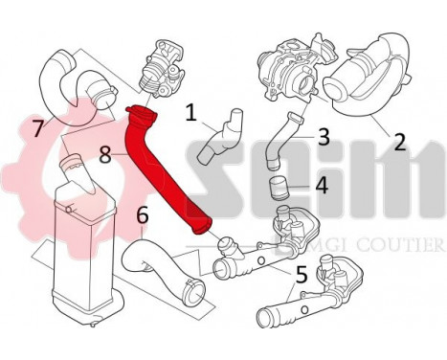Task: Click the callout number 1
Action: coord(191,115)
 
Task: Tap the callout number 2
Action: coord(399,142)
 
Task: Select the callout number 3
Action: coord(324,136)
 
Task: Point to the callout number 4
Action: coord(323,184)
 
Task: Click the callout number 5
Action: coord(302,275)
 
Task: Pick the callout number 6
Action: coord(143,215)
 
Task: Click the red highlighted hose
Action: coord(170,172)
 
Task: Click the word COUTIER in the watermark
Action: coord(402,248)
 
